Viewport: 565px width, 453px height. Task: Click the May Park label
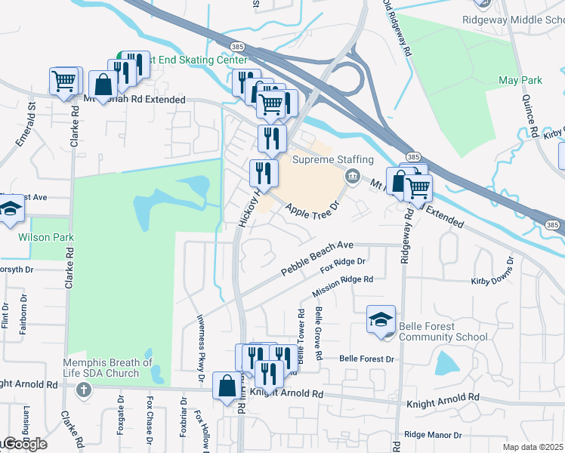(x=520, y=80)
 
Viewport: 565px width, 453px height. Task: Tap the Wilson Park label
(x=46, y=237)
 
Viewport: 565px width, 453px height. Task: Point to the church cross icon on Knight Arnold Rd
(x=83, y=390)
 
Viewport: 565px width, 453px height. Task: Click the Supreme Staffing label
(x=333, y=160)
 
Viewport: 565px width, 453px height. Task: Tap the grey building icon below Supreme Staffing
(x=351, y=177)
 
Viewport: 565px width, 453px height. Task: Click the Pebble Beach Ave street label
(x=317, y=257)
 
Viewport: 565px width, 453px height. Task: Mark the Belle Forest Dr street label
(x=368, y=358)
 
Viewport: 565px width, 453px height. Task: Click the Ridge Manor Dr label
(x=433, y=435)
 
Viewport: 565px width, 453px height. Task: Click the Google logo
(x=25, y=445)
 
